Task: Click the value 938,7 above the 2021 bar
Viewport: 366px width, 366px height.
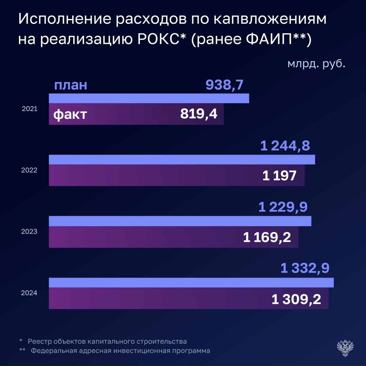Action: [x=224, y=85]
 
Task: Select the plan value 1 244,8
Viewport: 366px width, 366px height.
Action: [x=285, y=146]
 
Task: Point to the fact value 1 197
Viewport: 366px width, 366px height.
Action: [x=279, y=176]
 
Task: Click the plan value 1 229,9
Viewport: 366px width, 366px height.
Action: [x=283, y=207]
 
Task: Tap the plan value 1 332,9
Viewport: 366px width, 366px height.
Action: [x=305, y=269]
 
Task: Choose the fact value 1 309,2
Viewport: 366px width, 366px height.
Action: [x=296, y=299]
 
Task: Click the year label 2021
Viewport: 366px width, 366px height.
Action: [x=29, y=109]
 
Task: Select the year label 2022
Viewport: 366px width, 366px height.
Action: [x=29, y=170]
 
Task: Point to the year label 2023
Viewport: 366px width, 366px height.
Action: [x=29, y=232]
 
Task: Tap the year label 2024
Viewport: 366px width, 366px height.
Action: [x=29, y=293]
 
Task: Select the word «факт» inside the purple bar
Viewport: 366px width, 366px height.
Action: [x=70, y=115]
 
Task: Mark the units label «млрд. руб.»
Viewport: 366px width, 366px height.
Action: [x=316, y=64]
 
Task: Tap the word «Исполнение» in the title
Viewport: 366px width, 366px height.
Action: [x=64, y=20]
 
